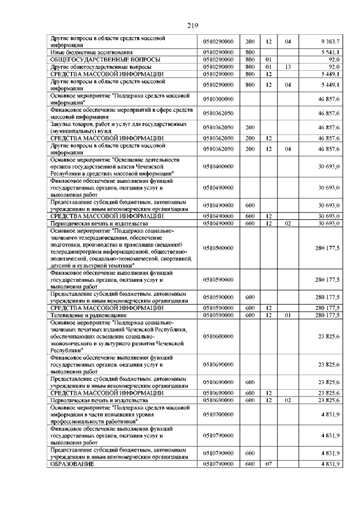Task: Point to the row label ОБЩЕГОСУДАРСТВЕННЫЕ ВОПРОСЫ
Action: click(98, 59)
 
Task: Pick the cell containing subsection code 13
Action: click(287, 66)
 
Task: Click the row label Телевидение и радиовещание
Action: click(87, 316)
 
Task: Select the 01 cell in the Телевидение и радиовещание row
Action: click(287, 316)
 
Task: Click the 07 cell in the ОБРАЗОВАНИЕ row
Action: click(268, 465)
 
